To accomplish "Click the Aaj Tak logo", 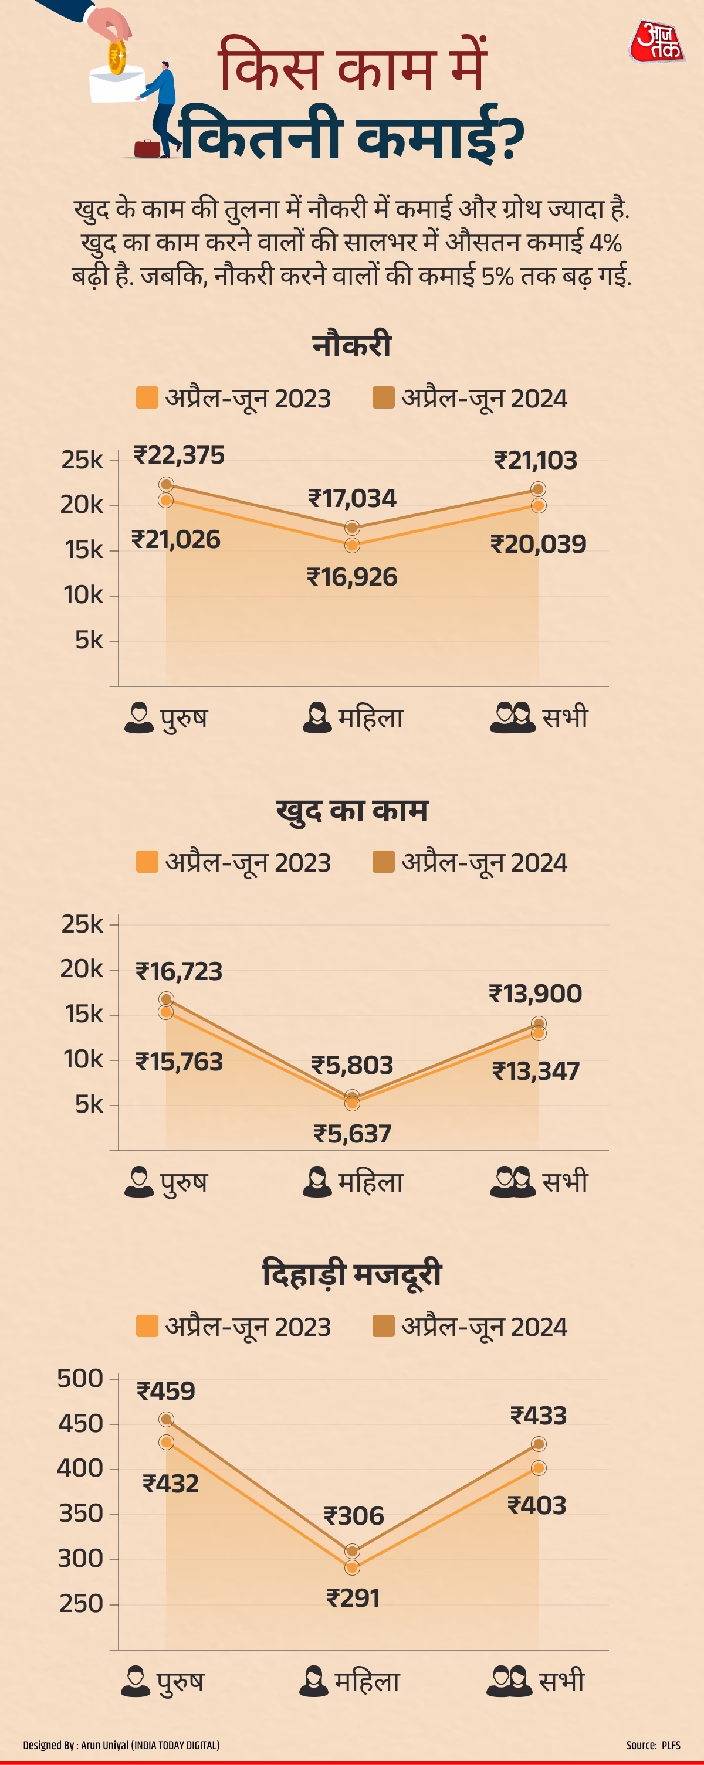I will click(x=656, y=42).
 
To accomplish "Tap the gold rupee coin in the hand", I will click(x=117, y=56).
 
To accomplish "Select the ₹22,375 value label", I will click(x=179, y=455).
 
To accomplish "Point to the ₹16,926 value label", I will click(x=351, y=577).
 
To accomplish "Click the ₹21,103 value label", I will click(x=536, y=460).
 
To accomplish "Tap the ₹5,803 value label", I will click(x=353, y=1065).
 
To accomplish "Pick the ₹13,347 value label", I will click(x=536, y=1070).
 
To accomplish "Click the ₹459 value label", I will click(x=166, y=1391).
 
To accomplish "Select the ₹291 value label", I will click(x=353, y=1598).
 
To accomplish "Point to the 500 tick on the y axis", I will click(x=80, y=1378).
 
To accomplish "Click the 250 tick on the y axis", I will click(x=81, y=1603).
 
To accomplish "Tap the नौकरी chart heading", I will click(x=351, y=345).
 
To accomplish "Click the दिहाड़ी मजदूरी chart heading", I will click(x=351, y=1274).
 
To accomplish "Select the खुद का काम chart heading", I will click(x=351, y=810).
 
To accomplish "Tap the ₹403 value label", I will click(x=536, y=1505).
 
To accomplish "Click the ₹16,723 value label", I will click(x=179, y=971).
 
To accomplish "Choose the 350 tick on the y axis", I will click(x=81, y=1513).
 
